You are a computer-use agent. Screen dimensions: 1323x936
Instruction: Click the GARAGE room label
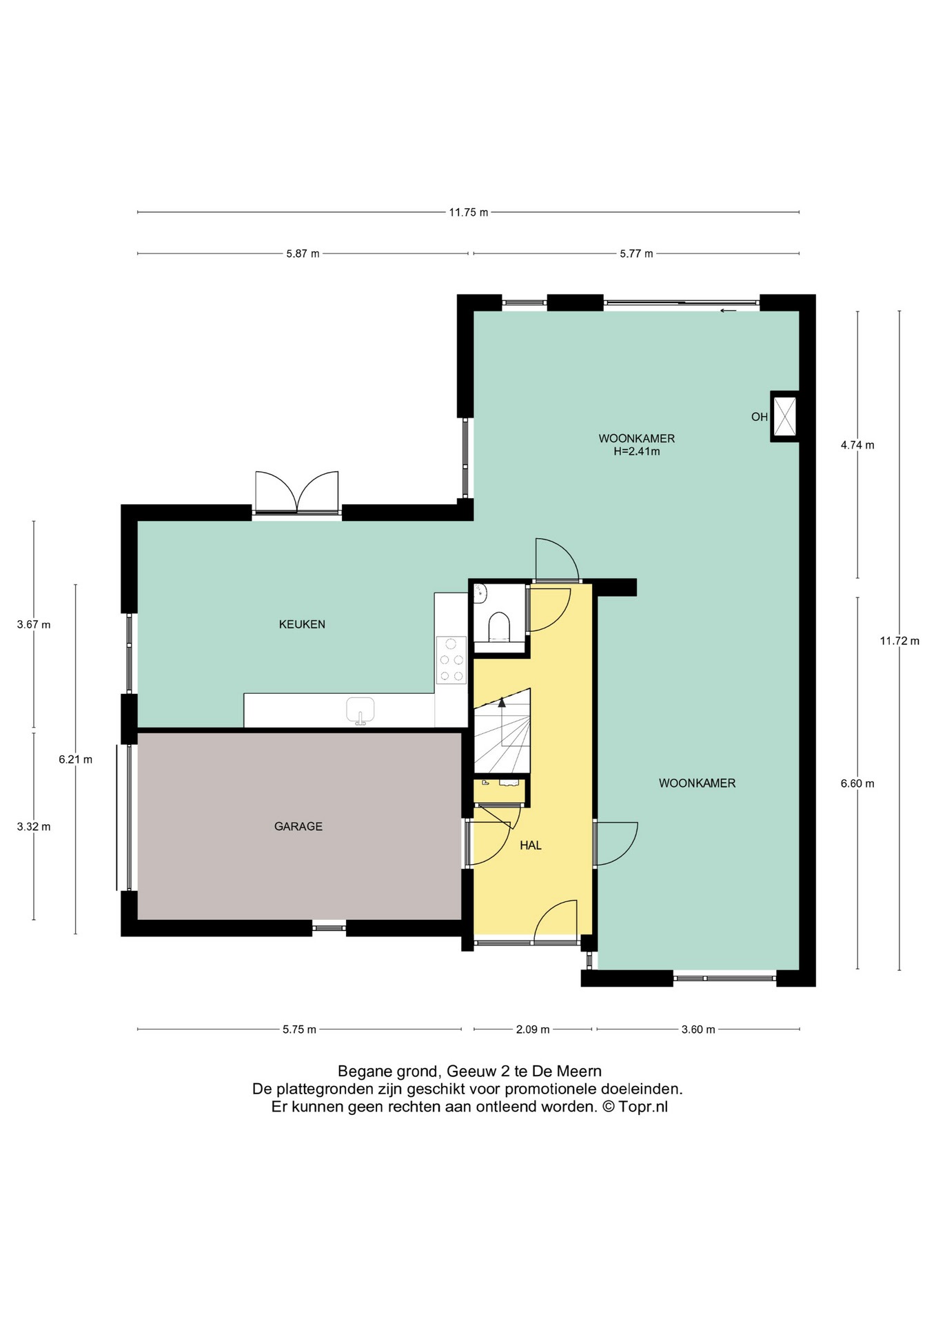point(298,826)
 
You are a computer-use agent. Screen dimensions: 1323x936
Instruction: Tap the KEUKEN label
point(302,624)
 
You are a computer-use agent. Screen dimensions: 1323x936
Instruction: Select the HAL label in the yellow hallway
point(531,845)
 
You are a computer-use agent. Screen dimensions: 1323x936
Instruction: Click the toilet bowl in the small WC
point(499,626)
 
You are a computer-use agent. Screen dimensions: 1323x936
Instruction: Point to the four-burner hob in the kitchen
point(451,660)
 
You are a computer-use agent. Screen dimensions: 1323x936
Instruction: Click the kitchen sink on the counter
point(360,710)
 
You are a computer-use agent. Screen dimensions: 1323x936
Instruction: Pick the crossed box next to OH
point(784,416)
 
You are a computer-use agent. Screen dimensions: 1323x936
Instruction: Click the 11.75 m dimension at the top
point(468,212)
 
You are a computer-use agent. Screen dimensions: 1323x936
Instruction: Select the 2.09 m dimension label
point(533,1029)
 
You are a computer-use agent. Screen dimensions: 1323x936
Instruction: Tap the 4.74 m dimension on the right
point(857,445)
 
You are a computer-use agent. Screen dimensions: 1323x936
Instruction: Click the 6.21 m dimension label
point(75,759)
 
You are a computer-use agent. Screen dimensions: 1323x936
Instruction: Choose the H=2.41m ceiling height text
point(636,452)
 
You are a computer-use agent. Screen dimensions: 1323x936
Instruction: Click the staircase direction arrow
point(502,703)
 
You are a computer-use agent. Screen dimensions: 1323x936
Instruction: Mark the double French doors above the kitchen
point(297,492)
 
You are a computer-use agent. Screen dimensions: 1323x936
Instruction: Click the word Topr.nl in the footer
point(642,1107)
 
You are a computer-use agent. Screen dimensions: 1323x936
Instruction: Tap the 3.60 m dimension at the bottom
point(698,1029)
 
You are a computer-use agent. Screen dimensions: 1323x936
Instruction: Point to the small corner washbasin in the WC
point(480,591)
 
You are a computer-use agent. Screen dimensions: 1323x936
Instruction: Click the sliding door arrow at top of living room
point(728,311)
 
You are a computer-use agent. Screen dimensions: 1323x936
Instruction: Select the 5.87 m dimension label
point(303,254)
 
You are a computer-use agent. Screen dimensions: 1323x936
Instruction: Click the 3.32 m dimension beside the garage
point(34,826)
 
